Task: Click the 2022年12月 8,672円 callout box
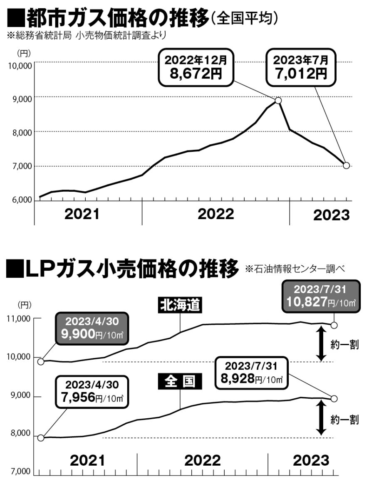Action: (196, 68)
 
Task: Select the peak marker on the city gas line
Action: (278, 101)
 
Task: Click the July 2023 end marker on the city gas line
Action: (346, 165)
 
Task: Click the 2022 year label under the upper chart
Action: (215, 215)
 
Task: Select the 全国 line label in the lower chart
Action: (179, 381)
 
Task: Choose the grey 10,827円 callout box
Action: (320, 296)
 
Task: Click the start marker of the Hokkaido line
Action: (41, 361)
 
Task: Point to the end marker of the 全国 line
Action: (334, 399)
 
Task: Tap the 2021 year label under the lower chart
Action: (87, 461)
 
